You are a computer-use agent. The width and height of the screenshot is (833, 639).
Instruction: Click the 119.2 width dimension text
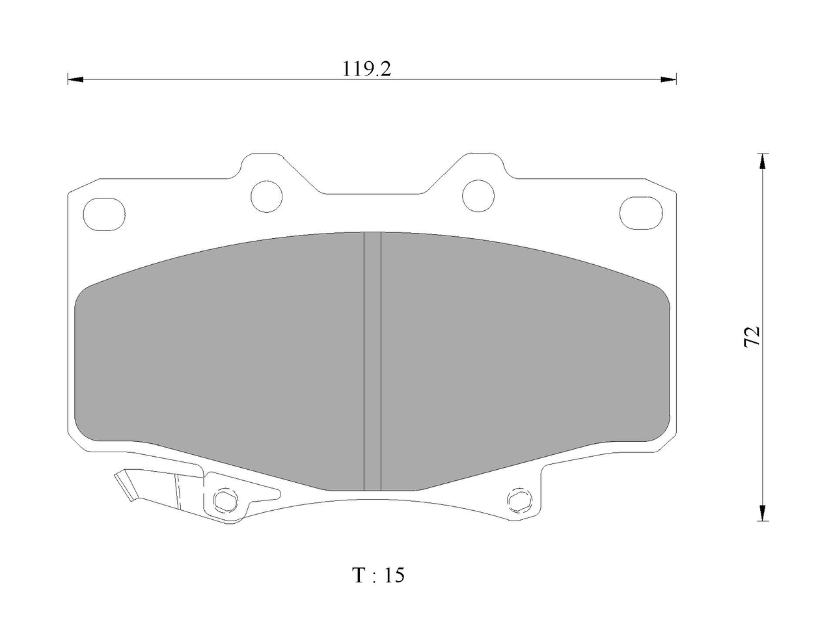click(x=366, y=70)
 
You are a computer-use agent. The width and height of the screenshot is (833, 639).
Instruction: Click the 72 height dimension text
click(x=752, y=336)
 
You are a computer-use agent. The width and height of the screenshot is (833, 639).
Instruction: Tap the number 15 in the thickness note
click(x=394, y=575)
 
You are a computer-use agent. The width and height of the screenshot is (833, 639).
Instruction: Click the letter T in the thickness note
click(x=359, y=575)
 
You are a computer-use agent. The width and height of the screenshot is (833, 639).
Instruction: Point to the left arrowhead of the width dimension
click(x=75, y=79)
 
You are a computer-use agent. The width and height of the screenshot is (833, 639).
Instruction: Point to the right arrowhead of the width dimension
click(x=668, y=79)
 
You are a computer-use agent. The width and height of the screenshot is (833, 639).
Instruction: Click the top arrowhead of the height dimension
click(x=763, y=161)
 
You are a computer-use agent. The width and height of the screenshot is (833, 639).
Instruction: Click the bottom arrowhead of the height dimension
click(x=763, y=513)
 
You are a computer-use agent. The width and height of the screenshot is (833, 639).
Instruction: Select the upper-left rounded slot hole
click(x=104, y=214)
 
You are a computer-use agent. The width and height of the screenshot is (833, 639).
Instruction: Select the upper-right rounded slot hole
click(x=641, y=213)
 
